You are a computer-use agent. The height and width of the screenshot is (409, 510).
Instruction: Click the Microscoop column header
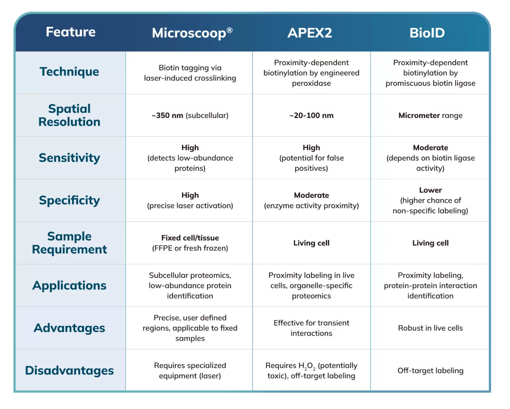click(x=192, y=33)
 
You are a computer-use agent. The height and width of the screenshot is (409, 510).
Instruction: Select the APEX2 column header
click(x=310, y=33)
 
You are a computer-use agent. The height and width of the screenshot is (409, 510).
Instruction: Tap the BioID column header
click(x=427, y=33)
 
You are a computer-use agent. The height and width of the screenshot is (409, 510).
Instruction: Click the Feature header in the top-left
click(x=71, y=32)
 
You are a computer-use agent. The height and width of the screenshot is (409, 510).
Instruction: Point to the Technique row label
click(x=69, y=72)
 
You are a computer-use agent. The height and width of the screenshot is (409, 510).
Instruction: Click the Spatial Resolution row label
click(x=69, y=115)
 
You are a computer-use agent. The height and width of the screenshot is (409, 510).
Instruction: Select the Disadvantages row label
click(x=69, y=370)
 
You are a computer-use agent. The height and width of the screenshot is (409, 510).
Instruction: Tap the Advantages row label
click(x=69, y=328)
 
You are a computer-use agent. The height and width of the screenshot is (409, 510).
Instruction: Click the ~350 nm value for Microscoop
click(x=167, y=116)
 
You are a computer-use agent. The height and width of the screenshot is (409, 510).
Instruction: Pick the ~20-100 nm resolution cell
click(x=312, y=116)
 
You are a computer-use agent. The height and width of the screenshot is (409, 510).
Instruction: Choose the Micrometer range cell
click(x=430, y=116)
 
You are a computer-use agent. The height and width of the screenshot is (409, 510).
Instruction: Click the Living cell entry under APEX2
click(x=312, y=243)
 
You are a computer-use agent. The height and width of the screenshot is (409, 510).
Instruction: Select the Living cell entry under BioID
click(x=430, y=243)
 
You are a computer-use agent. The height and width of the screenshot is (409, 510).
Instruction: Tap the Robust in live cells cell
click(x=430, y=328)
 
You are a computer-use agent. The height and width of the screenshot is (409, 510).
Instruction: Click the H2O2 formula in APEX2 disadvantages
click(x=307, y=366)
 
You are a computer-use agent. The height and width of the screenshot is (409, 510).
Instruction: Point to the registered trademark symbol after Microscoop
click(x=229, y=30)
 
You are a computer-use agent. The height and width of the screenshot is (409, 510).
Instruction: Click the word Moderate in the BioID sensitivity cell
click(x=430, y=148)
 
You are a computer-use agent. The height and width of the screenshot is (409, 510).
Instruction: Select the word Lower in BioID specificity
click(x=430, y=190)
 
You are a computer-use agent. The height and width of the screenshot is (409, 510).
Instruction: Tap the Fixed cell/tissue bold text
click(x=190, y=238)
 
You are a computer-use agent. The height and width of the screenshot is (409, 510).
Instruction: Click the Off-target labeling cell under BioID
click(x=430, y=371)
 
